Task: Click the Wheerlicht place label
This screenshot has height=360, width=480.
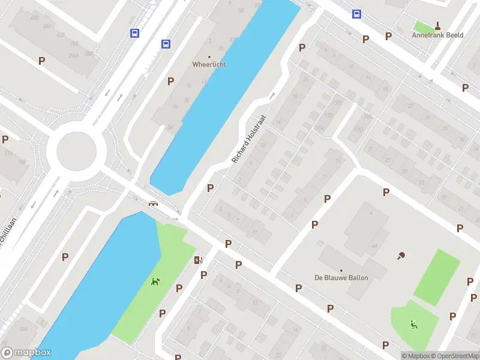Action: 209,64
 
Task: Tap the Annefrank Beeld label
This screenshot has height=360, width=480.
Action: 437,35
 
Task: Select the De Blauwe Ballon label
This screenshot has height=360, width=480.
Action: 341,277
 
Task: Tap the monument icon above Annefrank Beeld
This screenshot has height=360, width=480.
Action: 437,25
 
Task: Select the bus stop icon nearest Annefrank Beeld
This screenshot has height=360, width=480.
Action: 356,14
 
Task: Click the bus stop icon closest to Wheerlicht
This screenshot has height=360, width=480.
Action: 166,44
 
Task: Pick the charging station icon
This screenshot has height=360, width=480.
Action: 198,260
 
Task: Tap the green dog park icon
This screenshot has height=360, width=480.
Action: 155,281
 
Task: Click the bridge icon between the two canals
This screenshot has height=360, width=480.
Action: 154,203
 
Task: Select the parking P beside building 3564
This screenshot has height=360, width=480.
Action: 41,61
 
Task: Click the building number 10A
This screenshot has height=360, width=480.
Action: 23,329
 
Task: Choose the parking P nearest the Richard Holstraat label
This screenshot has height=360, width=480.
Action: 210,188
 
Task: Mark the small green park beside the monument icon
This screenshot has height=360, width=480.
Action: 424,27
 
